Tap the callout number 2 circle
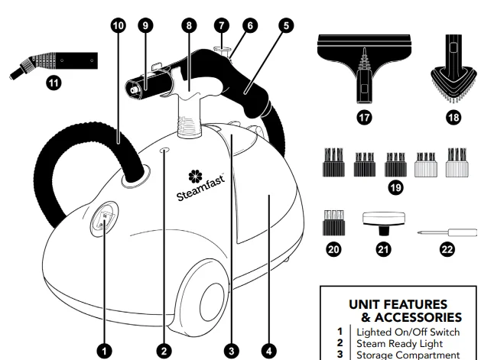click(x=161, y=349)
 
